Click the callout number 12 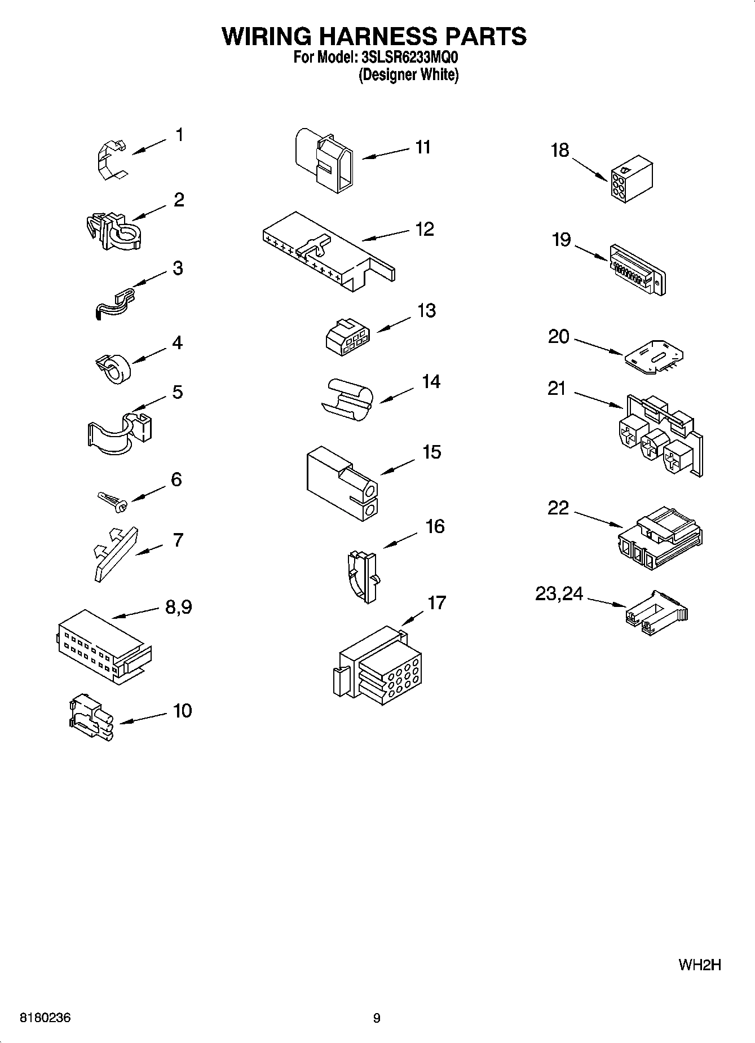pyautogui.click(x=424, y=229)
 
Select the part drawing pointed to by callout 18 pyautogui.click(x=630, y=179)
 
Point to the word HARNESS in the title pyautogui.click(x=373, y=36)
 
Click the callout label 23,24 pyautogui.click(x=559, y=593)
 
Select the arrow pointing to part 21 pyautogui.click(x=597, y=398)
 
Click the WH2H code pyautogui.click(x=700, y=965)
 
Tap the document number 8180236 pyautogui.click(x=45, y=1018)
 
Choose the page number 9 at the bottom pyautogui.click(x=377, y=1018)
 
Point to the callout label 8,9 pyautogui.click(x=178, y=607)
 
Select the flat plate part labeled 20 pyautogui.click(x=655, y=357)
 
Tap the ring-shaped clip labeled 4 pyautogui.click(x=112, y=368)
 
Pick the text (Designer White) pyautogui.click(x=408, y=74)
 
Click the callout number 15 pyautogui.click(x=431, y=452)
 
